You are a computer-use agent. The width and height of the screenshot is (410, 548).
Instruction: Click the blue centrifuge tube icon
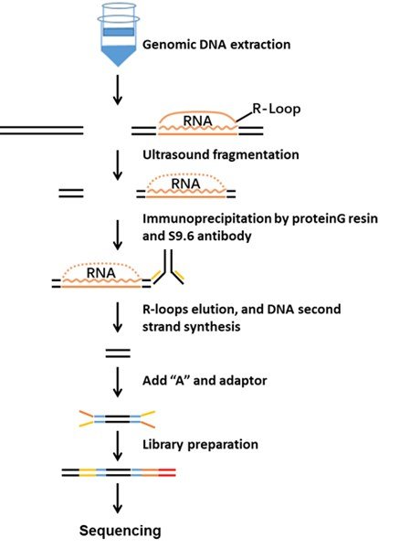point(118,35)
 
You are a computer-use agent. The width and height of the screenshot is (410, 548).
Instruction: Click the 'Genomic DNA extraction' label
point(216,45)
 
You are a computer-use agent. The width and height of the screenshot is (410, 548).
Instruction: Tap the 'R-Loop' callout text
point(276,109)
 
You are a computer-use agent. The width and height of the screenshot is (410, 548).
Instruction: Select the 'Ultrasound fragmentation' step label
point(221,154)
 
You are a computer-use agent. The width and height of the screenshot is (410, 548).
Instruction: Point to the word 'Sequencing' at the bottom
point(121,531)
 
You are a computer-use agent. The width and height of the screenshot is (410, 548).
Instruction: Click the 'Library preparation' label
point(200,445)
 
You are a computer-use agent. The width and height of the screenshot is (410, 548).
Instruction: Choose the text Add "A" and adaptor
point(205,380)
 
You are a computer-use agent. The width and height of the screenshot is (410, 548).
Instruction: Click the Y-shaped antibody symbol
point(168,268)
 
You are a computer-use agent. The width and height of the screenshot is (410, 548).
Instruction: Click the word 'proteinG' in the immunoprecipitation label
point(318,219)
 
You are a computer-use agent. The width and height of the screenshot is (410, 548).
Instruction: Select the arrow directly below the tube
point(118,90)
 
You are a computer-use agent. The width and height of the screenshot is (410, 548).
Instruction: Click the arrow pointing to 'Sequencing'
point(118,499)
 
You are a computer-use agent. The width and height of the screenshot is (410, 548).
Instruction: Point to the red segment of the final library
point(167,472)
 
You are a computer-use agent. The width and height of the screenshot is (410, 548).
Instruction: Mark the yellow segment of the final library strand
point(88,472)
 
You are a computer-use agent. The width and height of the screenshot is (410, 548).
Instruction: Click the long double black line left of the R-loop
point(41,130)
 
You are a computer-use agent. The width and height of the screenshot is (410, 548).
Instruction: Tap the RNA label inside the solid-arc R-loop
point(198,121)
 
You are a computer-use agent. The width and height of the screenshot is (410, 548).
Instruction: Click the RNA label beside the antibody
point(101,273)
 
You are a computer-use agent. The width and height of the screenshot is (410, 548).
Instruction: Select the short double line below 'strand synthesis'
point(118,353)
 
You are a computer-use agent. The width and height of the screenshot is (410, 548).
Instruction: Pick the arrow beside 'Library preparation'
point(118,446)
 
